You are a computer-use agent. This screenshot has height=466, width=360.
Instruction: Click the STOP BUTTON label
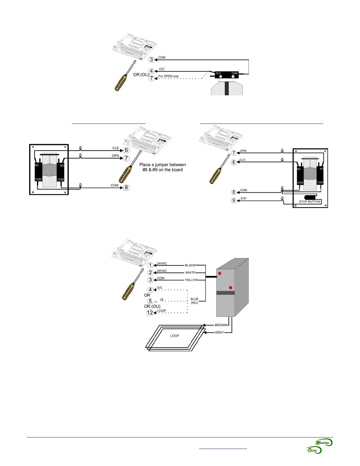(x=309, y=202)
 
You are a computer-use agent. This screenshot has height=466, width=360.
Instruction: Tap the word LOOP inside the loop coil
(x=174, y=336)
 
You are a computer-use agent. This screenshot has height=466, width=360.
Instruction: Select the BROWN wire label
(x=221, y=325)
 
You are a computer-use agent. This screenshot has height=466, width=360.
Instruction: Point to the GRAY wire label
(x=219, y=332)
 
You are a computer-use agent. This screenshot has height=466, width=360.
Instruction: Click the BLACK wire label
(x=190, y=265)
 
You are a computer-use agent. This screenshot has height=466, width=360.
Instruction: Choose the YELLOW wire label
(x=191, y=280)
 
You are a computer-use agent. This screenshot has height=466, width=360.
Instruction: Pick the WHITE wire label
(x=190, y=273)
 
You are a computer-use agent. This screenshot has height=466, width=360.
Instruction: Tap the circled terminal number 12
(x=150, y=313)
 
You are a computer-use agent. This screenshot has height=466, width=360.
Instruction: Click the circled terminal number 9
(x=234, y=201)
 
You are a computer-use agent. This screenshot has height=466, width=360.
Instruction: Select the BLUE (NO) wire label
(x=194, y=301)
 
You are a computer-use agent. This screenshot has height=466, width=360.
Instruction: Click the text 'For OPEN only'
(x=169, y=76)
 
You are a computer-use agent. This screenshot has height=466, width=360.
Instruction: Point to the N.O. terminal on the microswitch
(x=219, y=74)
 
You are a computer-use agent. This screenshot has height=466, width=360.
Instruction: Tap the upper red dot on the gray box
(x=220, y=273)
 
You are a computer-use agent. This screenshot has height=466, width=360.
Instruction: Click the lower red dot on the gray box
(x=231, y=287)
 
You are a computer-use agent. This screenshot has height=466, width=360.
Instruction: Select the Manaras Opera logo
(x=319, y=446)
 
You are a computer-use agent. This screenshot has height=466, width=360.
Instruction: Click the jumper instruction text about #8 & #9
(x=163, y=167)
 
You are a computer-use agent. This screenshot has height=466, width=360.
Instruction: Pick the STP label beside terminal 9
(x=243, y=199)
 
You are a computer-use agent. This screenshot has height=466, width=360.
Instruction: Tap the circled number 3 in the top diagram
(x=151, y=60)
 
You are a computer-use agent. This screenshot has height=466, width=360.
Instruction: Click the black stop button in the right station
(x=310, y=197)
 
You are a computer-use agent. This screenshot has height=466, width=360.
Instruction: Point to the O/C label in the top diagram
(x=162, y=69)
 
